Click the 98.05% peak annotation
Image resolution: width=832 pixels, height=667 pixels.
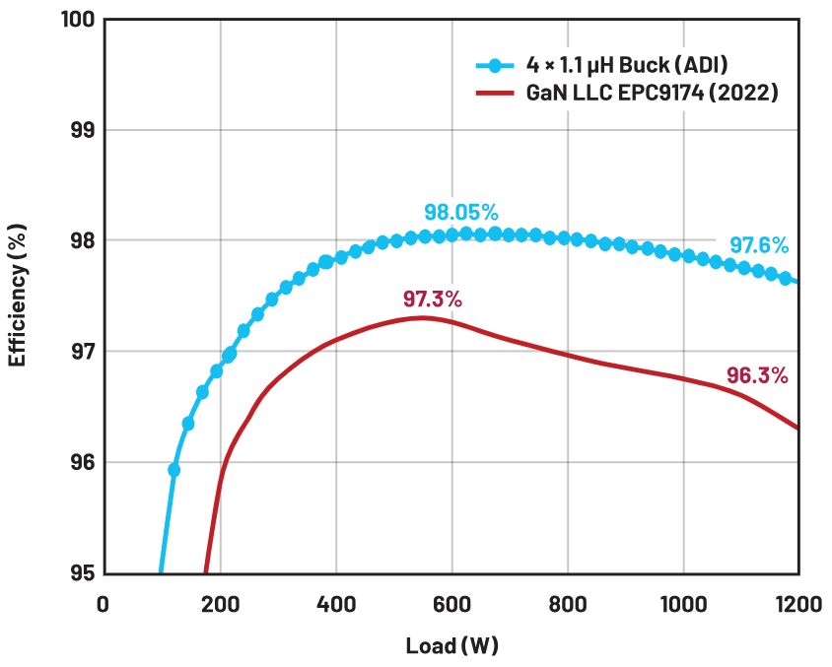(x=461, y=213)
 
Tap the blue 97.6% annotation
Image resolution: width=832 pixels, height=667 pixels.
(x=759, y=245)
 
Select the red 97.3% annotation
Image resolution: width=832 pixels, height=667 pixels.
(x=433, y=300)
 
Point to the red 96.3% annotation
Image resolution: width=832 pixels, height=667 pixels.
(x=757, y=375)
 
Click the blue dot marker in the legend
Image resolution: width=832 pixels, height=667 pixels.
(x=495, y=66)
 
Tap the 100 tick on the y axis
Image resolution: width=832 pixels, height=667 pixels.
(x=78, y=20)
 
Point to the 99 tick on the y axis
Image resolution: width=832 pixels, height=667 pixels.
(x=82, y=130)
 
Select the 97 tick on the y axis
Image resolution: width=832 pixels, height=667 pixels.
(x=82, y=352)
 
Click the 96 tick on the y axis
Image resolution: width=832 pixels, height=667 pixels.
(x=82, y=462)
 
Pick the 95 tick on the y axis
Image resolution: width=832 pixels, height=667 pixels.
(x=82, y=573)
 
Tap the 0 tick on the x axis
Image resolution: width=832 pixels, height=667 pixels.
(x=103, y=604)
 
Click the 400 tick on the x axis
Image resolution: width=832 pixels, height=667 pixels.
(x=336, y=604)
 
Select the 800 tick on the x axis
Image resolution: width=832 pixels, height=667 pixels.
(x=568, y=604)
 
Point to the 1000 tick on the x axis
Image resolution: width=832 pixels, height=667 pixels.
(x=683, y=604)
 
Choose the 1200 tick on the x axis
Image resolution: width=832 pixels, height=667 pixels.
(x=799, y=604)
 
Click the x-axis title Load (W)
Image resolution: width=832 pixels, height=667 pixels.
(x=452, y=645)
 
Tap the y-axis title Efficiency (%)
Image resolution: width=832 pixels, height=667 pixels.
(x=18, y=296)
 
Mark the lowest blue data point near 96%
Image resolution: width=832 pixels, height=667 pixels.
(x=173, y=470)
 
